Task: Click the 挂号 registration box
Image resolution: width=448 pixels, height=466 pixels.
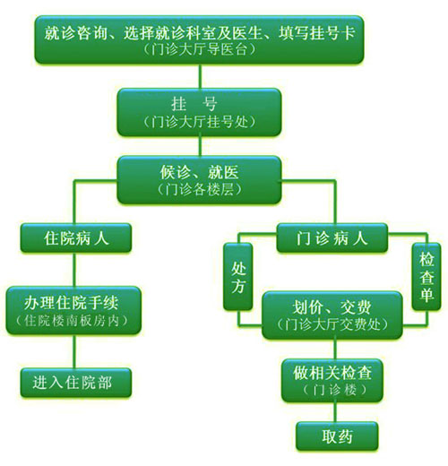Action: click(199, 112)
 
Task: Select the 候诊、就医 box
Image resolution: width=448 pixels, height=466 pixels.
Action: click(199, 180)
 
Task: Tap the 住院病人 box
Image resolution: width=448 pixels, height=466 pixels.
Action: click(76, 238)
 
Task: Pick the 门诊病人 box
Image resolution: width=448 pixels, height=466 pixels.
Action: click(332, 238)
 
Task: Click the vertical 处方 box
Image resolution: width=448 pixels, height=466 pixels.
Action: click(238, 277)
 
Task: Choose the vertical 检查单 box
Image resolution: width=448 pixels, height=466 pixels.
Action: click(426, 277)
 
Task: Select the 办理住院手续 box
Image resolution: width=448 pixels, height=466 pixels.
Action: click(73, 310)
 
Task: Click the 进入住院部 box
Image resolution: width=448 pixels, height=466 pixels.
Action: click(76, 383)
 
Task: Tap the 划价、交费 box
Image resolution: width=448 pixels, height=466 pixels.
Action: click(332, 315)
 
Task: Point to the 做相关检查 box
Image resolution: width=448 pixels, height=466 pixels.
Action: click(332, 380)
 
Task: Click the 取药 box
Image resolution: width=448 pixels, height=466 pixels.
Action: click(337, 436)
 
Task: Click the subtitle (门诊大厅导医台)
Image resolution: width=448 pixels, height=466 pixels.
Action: click(199, 49)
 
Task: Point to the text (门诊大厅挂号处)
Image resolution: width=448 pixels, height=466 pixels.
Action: click(199, 122)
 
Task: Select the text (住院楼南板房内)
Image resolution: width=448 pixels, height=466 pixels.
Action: click(72, 321)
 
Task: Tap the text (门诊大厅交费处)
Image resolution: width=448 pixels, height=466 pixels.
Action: click(332, 324)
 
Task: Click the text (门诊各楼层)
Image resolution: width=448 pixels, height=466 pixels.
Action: click(199, 189)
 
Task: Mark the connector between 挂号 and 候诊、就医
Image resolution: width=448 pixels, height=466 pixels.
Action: click(200, 146)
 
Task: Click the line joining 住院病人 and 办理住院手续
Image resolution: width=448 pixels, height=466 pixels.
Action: click(74, 270)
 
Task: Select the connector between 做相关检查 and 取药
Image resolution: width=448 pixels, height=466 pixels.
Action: click(335, 412)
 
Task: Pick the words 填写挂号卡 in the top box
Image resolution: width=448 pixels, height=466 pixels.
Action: click(317, 33)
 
